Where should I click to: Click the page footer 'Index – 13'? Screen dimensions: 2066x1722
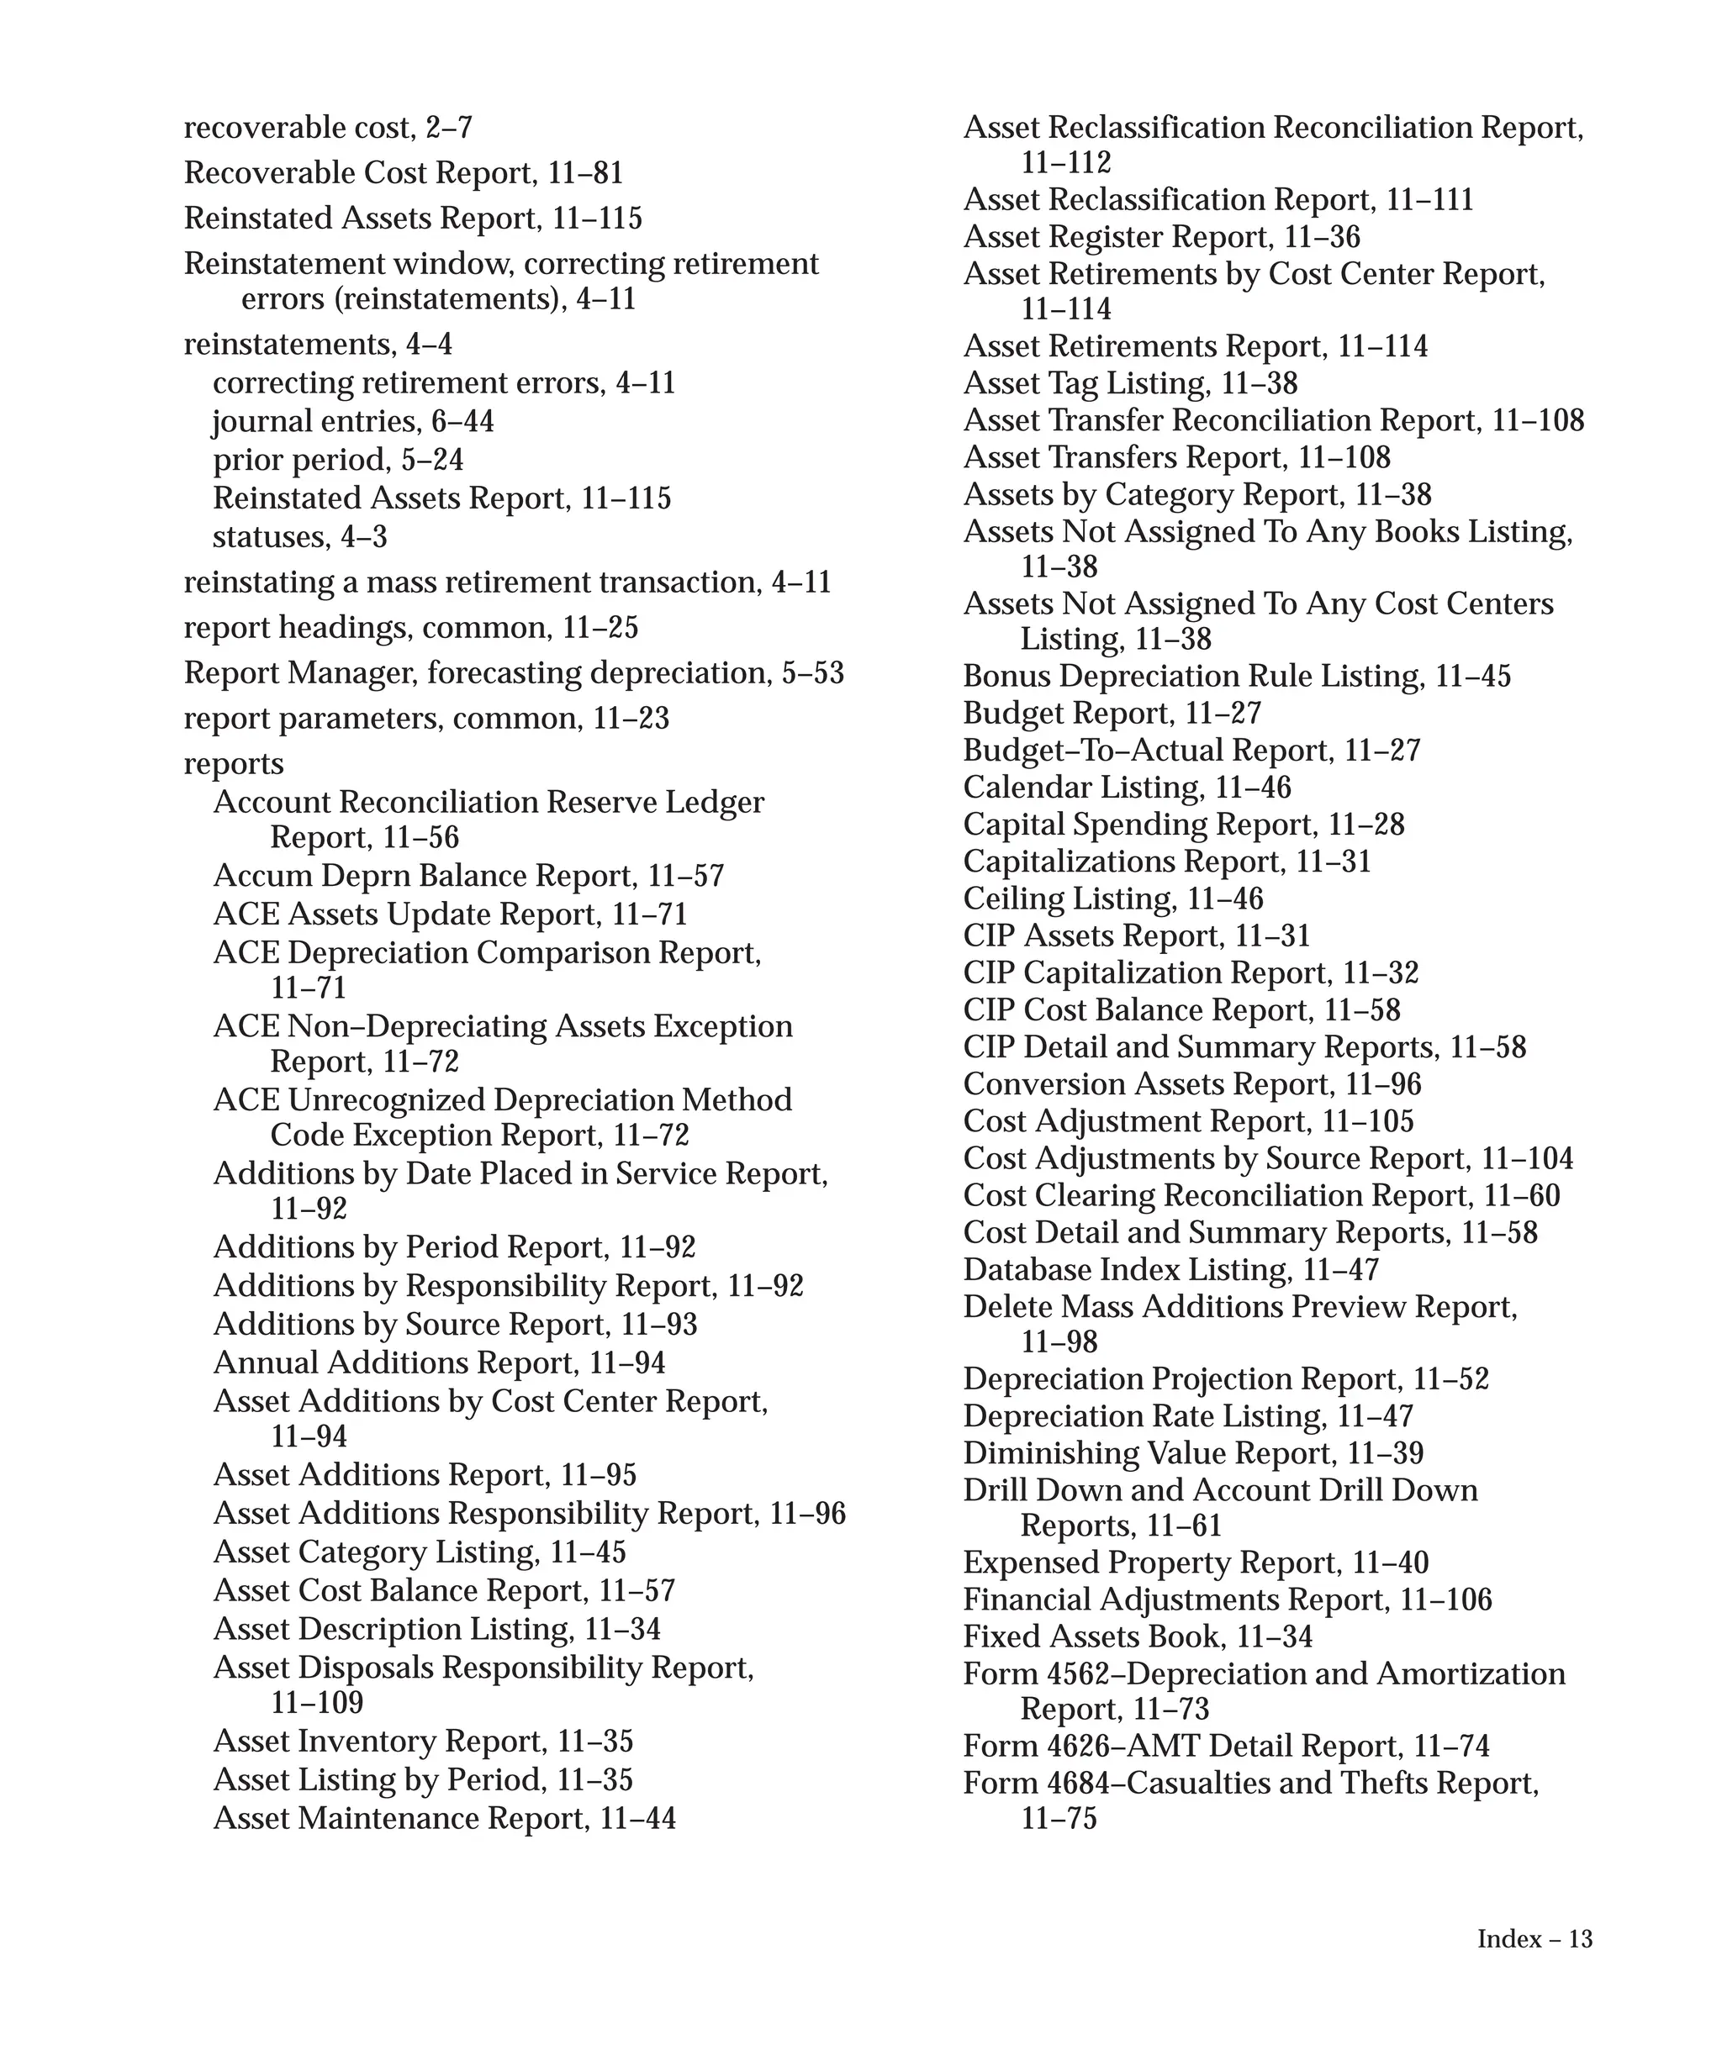(1533, 1939)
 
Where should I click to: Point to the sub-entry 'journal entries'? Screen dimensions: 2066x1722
(314, 421)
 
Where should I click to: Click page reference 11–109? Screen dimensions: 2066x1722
(317, 1702)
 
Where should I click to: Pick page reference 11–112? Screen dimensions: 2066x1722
(1065, 162)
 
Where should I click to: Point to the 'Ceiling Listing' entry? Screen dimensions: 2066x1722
(1069, 899)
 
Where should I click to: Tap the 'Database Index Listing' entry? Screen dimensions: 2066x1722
(1127, 1269)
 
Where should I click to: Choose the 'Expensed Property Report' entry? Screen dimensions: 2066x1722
(1151, 1563)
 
